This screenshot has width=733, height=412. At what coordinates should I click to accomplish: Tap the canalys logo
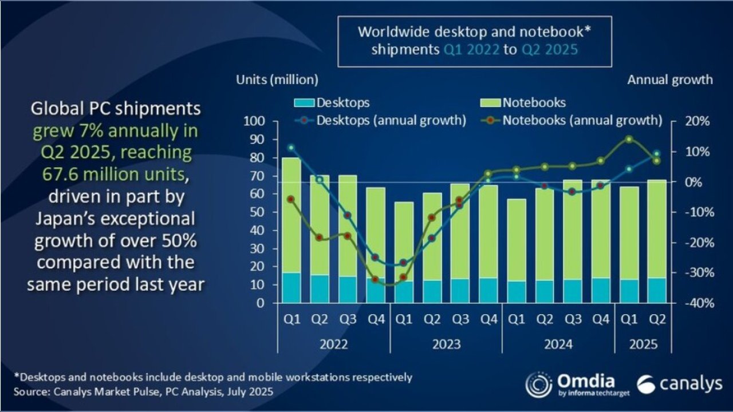pos(679,385)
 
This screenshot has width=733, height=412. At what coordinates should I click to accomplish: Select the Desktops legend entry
pos(332,103)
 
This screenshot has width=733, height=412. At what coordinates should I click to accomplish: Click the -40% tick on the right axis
pos(694,303)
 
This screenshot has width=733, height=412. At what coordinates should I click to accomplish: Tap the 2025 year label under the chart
pos(643,345)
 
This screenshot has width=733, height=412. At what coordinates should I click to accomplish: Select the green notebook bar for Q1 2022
pos(291,215)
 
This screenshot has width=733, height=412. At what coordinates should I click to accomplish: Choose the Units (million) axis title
pos(277,80)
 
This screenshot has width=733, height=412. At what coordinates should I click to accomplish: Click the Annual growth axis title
pos(670,80)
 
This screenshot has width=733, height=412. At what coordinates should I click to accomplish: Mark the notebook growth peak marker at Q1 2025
pos(629,139)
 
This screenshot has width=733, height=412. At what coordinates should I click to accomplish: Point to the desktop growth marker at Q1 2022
pos(291,148)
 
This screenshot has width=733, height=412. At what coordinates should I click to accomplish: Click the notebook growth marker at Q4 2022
pos(375,280)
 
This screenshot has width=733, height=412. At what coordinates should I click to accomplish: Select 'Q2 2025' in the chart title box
pos(549,49)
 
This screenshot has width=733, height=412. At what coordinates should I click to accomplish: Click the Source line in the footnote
pos(143,392)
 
